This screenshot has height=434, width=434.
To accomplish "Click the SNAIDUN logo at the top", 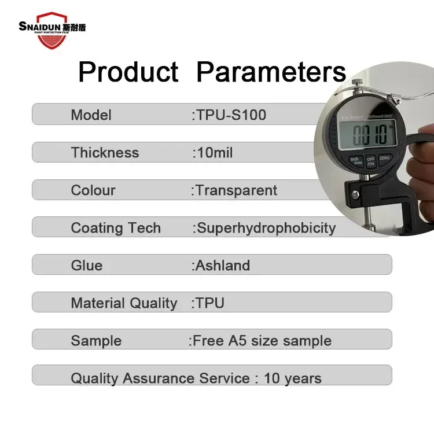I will pyautogui.click(x=52, y=25).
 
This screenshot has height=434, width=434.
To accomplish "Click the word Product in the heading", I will pyautogui.click(x=128, y=72).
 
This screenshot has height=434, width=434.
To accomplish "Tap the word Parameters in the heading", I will pyautogui.click(x=271, y=72).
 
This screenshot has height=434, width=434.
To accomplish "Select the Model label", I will pyautogui.click(x=91, y=115).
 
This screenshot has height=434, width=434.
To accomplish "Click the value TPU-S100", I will pyautogui.click(x=231, y=115).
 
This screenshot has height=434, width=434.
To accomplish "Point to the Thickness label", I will pyautogui.click(x=105, y=153).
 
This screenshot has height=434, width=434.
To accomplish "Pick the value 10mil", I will pyautogui.click(x=215, y=153).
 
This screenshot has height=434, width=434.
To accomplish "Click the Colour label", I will pyautogui.click(x=93, y=190).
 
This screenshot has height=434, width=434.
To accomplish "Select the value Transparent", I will pyautogui.click(x=236, y=190).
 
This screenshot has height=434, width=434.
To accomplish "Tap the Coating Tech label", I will pyautogui.click(x=116, y=228).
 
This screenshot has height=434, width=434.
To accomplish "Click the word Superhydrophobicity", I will pyautogui.click(x=266, y=228).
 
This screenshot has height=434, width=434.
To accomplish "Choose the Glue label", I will pyautogui.click(x=86, y=266).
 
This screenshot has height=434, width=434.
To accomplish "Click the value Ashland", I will pyautogui.click(x=223, y=266).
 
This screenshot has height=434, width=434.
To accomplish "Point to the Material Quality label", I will pyautogui.click(x=124, y=303).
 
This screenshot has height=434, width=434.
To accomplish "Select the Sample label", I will pyautogui.click(x=96, y=341).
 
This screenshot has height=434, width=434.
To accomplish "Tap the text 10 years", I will pyautogui.click(x=292, y=379).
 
